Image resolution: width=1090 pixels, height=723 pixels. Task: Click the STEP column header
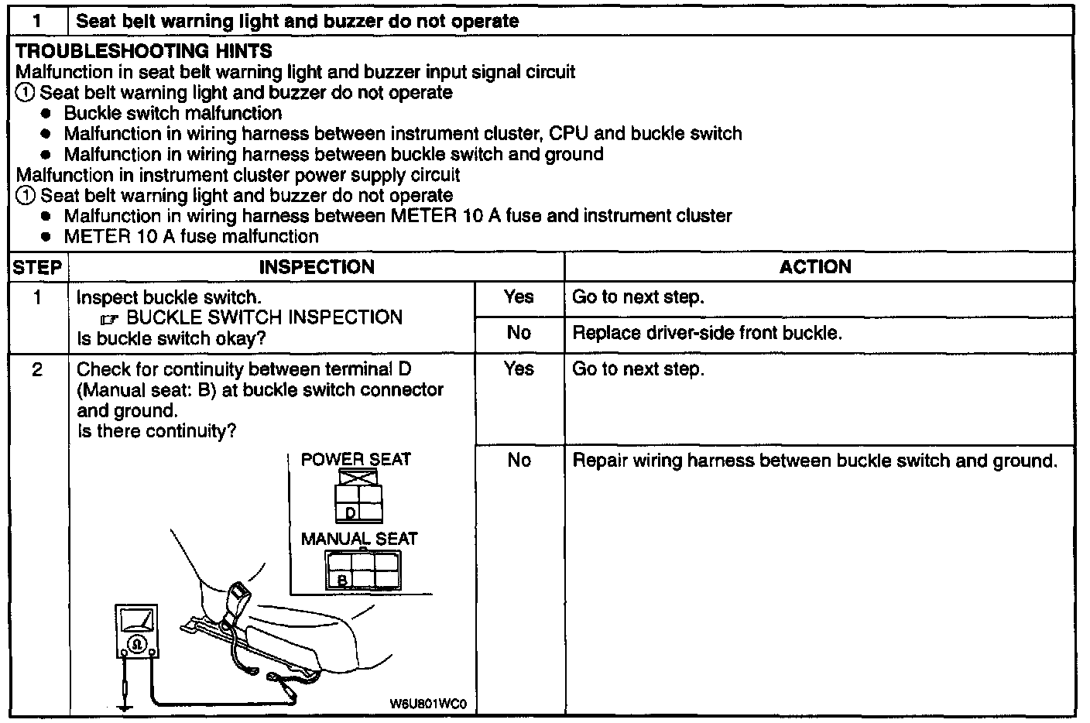[37, 268]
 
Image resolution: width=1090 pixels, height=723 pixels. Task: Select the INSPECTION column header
[317, 268]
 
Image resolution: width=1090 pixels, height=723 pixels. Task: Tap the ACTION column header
[815, 267]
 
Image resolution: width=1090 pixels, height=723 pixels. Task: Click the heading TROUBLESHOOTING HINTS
[144, 52]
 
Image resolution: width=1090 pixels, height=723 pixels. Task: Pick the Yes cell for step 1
[519, 297]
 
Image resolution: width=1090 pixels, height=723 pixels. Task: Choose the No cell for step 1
[519, 334]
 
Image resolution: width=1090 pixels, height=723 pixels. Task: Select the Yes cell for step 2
[519, 369]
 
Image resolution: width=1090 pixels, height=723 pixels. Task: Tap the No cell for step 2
[519, 461]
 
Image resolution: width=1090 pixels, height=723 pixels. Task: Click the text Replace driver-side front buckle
[706, 334]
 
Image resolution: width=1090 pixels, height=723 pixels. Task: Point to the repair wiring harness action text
[814, 461]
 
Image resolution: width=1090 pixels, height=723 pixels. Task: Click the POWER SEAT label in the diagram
[356, 459]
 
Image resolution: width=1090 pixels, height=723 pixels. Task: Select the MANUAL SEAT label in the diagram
[359, 539]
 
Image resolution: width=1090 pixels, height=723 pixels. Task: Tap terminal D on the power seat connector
[350, 512]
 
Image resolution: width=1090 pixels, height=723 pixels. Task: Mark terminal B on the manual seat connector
[341, 578]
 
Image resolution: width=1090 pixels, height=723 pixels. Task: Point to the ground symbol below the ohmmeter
[124, 704]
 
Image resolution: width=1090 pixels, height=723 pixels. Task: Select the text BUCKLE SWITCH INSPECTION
[264, 317]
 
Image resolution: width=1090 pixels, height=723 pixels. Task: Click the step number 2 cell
[37, 370]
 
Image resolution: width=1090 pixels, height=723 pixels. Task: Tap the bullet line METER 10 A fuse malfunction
[191, 237]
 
